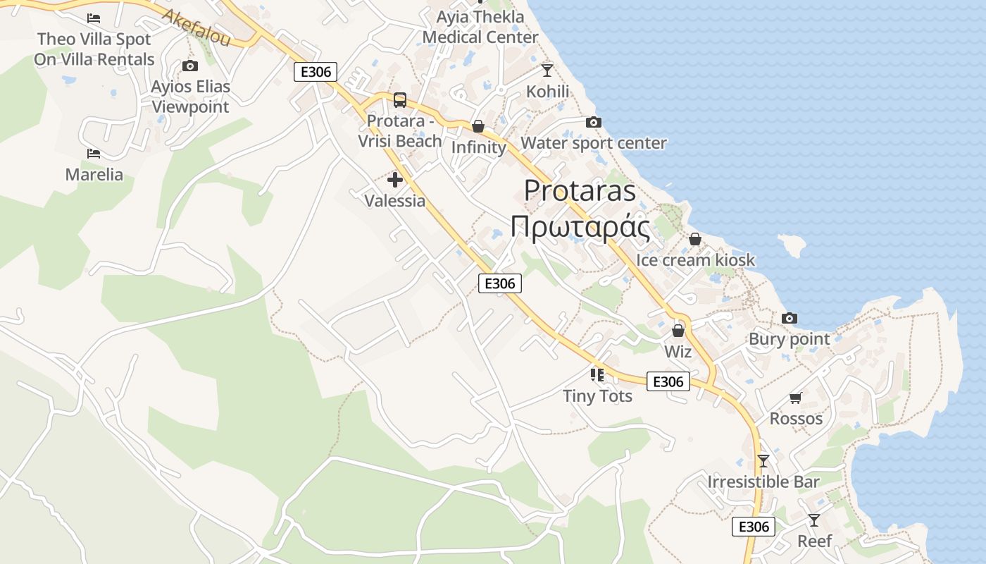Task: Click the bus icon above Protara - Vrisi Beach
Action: click(400, 99)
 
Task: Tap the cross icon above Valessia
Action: click(395, 180)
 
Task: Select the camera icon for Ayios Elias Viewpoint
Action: click(189, 66)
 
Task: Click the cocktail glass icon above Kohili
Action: click(547, 70)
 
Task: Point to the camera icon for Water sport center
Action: click(594, 122)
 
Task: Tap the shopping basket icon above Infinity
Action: click(478, 126)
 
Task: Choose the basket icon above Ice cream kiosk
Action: click(695, 239)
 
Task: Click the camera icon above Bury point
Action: click(790, 318)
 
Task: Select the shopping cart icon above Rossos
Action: click(796, 398)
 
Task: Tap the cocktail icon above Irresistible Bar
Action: click(763, 461)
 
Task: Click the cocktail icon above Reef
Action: click(814, 520)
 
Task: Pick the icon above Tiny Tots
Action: click(597, 374)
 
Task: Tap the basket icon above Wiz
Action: click(678, 330)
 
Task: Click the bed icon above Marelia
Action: click(94, 153)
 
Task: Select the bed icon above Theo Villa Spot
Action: click(94, 18)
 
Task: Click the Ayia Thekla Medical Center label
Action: click(480, 27)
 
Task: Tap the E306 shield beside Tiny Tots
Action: click(668, 381)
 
